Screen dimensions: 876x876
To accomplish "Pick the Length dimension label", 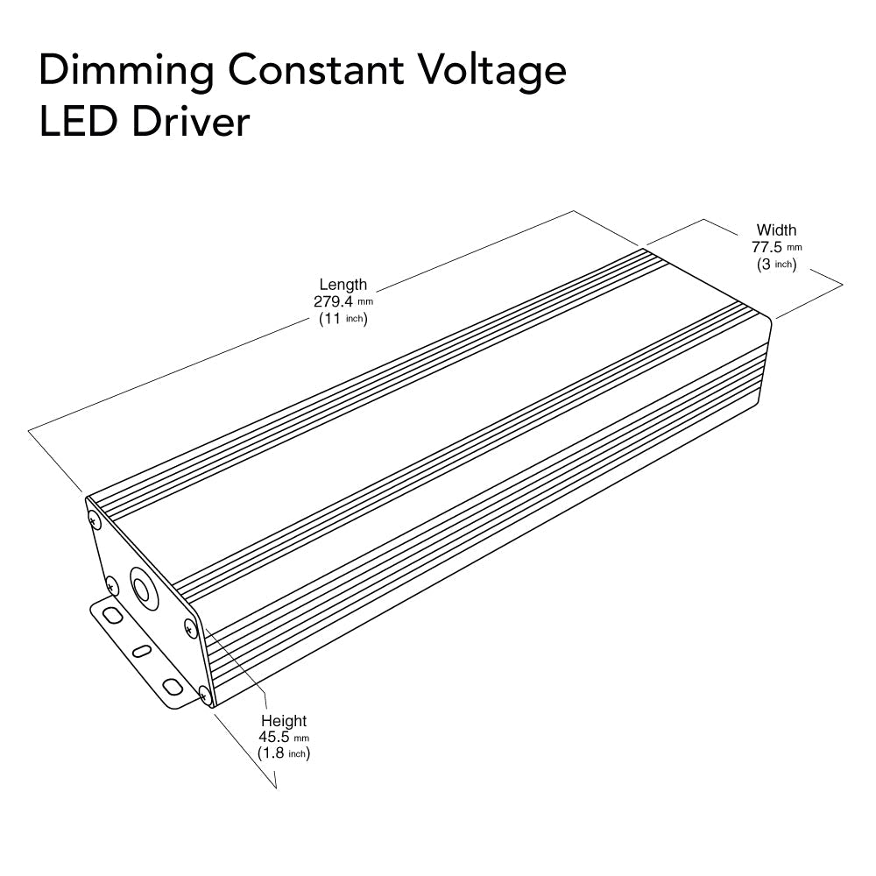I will [343, 285].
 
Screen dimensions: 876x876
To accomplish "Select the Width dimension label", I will [777, 230].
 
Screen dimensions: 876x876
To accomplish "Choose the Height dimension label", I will [284, 721].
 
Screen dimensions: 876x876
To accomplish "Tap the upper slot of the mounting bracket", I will [110, 616].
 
